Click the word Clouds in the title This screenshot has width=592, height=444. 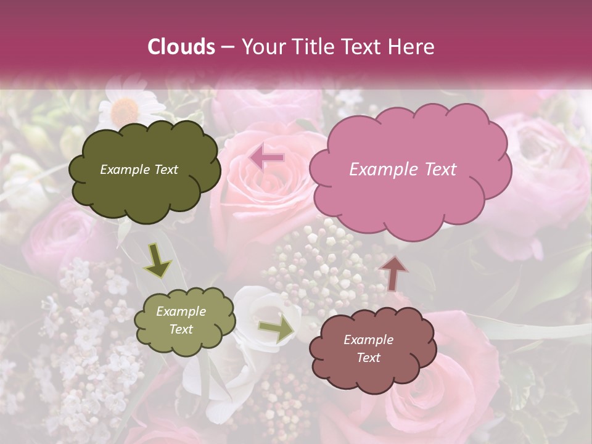point(181,47)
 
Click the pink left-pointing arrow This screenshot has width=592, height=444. point(267,158)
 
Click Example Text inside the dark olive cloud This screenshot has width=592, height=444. point(139,170)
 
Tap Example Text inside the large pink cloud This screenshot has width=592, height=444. point(403,170)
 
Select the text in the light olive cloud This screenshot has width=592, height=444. point(181,320)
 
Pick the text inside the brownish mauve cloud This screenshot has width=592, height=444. point(368,348)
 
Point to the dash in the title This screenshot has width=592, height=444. point(226,47)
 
